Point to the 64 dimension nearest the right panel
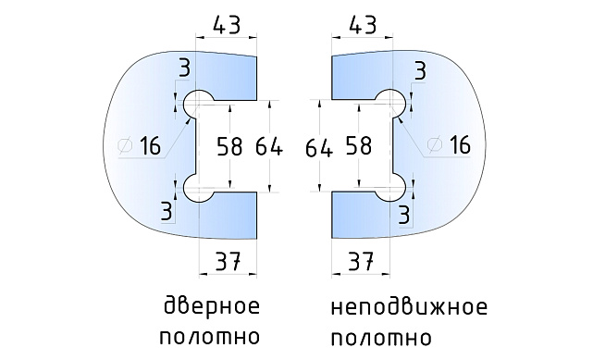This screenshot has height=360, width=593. click(318, 146)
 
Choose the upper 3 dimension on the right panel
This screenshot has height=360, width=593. click(421, 70)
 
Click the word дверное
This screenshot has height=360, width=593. click(211, 306)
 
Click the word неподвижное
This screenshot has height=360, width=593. click(406, 306)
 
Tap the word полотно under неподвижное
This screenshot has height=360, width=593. click(380, 335)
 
